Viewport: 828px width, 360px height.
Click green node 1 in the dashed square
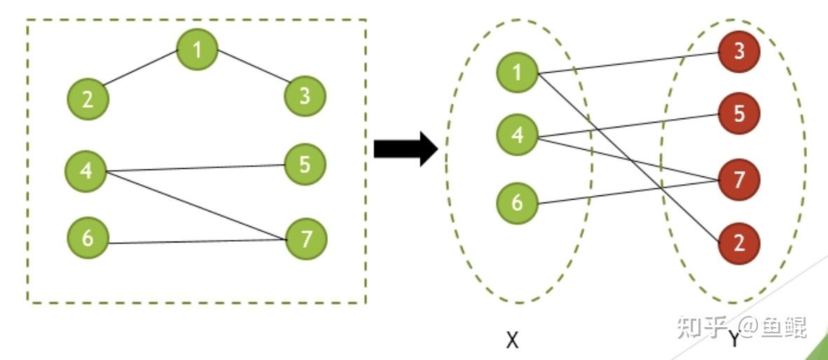point(198,49)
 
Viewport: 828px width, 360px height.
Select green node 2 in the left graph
point(88,99)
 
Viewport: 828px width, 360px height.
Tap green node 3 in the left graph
point(305,96)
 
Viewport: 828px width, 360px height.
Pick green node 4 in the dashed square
point(85,171)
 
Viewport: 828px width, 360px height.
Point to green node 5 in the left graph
point(305,165)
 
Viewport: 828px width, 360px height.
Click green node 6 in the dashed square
point(88,238)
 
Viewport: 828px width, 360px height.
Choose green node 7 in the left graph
point(305,240)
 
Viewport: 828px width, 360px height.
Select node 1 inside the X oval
point(517,72)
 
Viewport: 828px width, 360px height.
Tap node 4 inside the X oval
point(517,135)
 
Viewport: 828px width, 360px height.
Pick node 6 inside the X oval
point(517,203)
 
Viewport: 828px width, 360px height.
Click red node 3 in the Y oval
point(739,51)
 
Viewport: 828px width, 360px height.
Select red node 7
point(739,179)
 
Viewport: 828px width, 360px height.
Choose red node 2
point(739,244)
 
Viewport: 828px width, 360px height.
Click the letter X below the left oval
point(512,340)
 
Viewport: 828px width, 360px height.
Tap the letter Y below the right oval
point(733,340)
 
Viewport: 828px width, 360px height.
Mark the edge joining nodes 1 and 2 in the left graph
point(141,69)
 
